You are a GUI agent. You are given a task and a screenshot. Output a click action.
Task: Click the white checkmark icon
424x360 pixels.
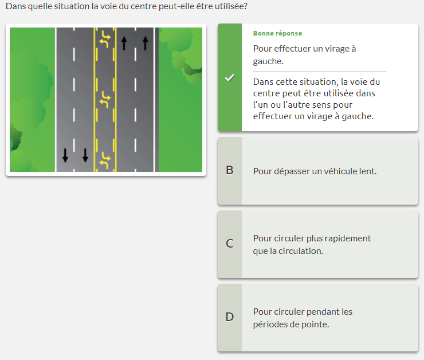click(230, 77)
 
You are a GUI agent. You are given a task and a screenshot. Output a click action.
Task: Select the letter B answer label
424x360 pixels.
click(230, 170)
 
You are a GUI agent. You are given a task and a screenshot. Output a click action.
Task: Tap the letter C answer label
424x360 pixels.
click(230, 244)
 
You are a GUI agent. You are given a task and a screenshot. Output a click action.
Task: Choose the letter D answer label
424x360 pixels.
click(230, 317)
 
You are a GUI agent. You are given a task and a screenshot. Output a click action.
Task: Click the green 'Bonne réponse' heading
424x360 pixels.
click(277, 33)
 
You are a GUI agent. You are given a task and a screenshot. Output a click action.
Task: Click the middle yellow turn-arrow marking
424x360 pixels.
click(105, 100)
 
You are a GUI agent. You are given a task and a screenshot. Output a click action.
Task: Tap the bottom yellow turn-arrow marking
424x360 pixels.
click(105, 161)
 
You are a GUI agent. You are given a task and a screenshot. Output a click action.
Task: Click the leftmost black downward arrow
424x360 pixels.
click(65, 155)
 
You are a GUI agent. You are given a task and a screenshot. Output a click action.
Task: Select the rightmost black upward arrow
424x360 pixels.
click(146, 43)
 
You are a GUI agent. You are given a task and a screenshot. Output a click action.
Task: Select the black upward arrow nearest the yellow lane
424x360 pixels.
click(124, 43)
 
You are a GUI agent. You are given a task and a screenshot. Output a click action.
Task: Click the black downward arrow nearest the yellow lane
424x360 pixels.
click(85, 155)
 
